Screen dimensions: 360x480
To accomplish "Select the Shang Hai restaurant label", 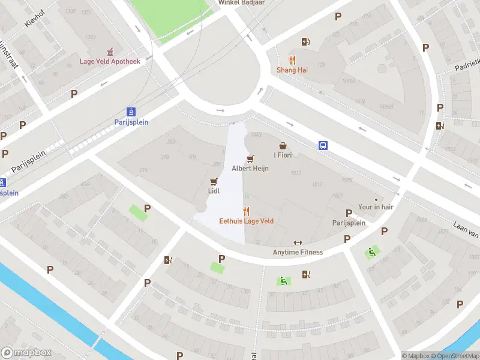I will (292, 70).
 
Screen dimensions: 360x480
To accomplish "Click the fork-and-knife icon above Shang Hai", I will (292, 60).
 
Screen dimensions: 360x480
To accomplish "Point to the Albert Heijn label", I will (250, 168).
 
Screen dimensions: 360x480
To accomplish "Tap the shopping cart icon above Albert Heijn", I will (250, 158).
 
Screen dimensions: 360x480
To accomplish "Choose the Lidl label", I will (213, 191).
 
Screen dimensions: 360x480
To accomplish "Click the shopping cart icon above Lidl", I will (213, 181).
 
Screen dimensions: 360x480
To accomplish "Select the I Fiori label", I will (283, 155).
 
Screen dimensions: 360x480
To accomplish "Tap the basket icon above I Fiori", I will (283, 146).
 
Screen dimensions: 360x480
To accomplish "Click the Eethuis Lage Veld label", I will (246, 221).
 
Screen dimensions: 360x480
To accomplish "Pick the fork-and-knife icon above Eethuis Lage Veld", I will (246, 211).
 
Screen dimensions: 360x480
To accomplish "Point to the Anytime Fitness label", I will (298, 252).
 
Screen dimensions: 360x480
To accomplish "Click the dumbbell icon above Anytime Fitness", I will (298, 242).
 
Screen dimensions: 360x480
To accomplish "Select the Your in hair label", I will (376, 207).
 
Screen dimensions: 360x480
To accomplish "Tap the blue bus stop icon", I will (323, 145).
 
